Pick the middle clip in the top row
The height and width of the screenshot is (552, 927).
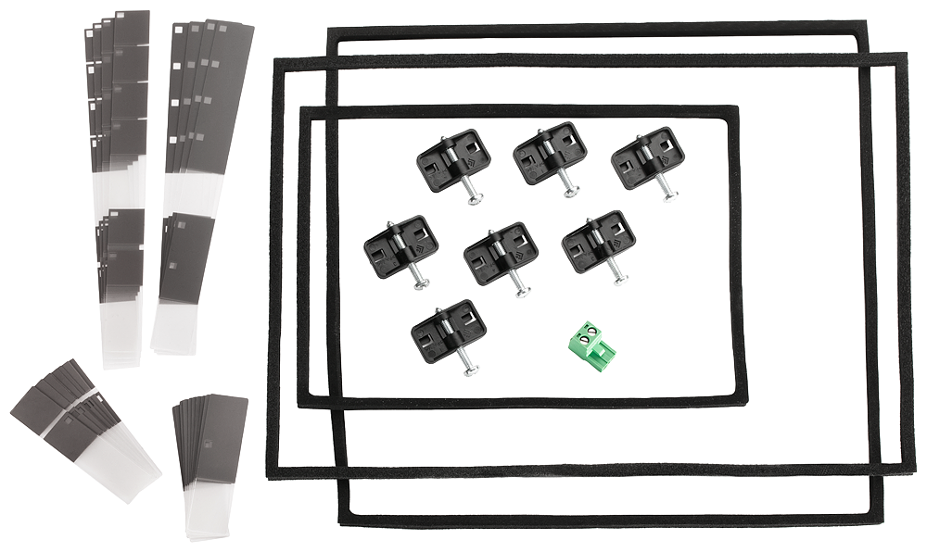tap(550, 153)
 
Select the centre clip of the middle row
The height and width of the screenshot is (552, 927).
tap(502, 252)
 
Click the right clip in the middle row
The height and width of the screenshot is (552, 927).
tap(599, 242)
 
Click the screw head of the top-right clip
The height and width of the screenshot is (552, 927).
tap(670, 196)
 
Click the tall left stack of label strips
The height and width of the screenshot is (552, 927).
tap(121, 185)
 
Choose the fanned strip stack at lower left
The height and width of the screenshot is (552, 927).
tap(83, 426)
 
